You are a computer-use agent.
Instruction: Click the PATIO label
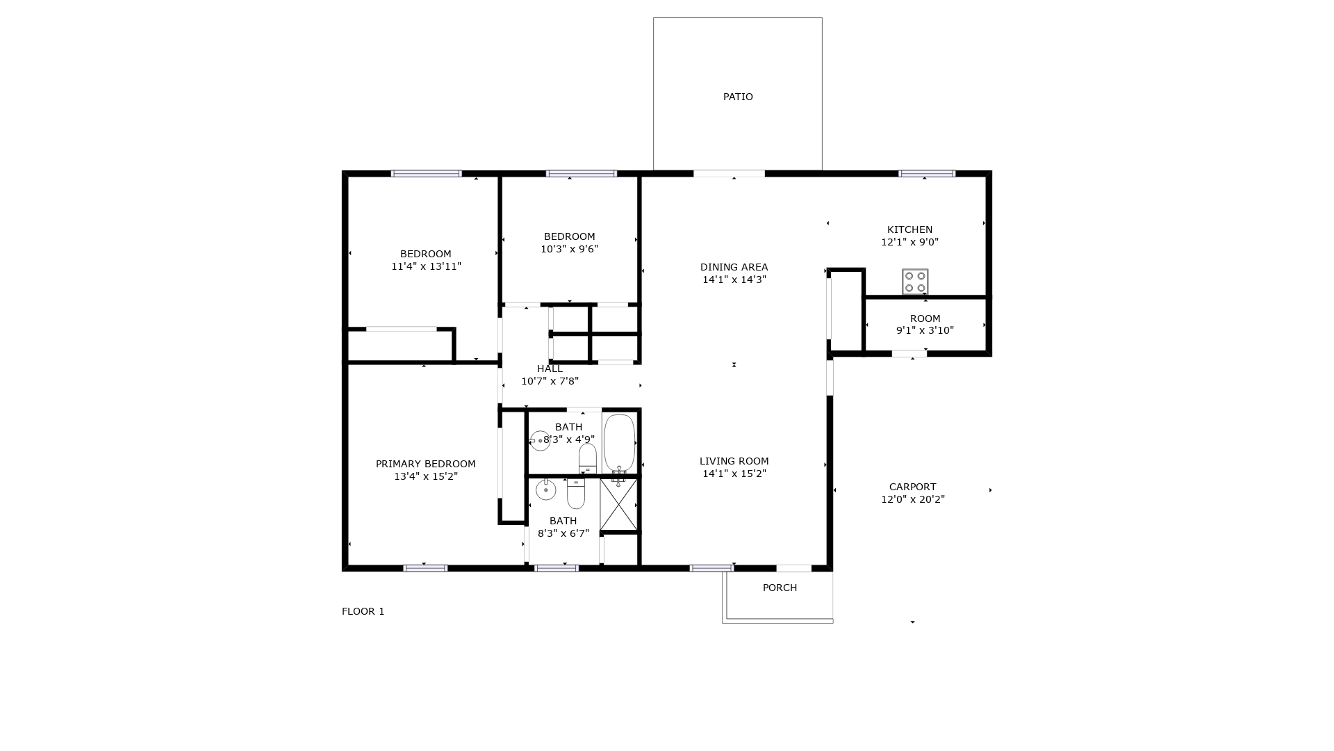(x=738, y=97)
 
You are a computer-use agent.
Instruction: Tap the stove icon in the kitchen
(x=915, y=282)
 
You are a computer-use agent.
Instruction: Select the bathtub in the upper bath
(x=619, y=443)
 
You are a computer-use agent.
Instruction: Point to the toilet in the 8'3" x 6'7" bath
(x=576, y=493)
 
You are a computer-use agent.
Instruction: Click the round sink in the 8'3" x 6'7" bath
(x=545, y=490)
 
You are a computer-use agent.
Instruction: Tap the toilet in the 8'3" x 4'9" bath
(x=588, y=458)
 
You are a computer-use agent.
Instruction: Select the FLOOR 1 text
(x=363, y=611)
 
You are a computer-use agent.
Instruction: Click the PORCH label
(x=780, y=588)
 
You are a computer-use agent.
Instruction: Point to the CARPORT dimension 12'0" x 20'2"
(x=913, y=499)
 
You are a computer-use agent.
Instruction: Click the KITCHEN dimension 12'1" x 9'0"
(x=909, y=242)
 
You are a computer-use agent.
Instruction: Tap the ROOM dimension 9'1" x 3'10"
(x=925, y=330)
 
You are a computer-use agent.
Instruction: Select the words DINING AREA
(x=734, y=267)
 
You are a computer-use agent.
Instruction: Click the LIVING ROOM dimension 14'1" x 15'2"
(x=734, y=474)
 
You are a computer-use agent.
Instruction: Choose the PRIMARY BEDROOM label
(x=426, y=464)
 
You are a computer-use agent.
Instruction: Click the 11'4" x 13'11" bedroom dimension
(x=426, y=266)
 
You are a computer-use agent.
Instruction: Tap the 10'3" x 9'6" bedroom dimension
(x=569, y=249)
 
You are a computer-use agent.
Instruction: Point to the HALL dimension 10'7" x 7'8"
(x=550, y=381)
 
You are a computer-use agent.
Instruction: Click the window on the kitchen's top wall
(x=927, y=174)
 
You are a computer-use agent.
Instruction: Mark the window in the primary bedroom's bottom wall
(x=425, y=568)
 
